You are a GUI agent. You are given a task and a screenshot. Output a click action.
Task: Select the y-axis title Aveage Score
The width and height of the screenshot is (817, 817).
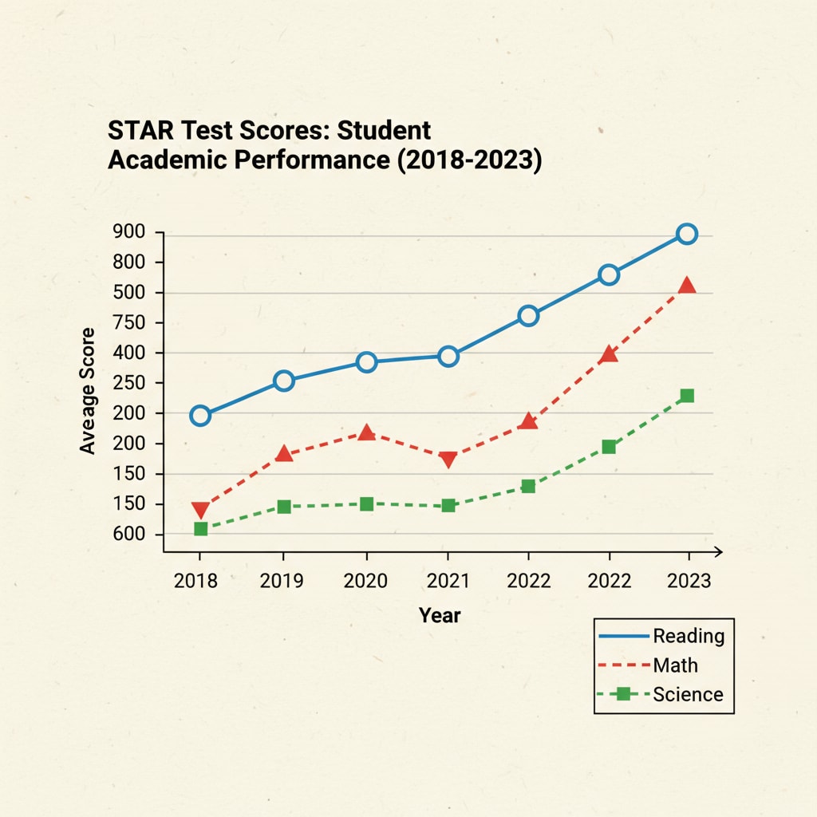click(88, 391)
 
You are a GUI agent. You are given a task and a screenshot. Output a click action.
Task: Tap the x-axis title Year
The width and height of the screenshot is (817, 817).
click(440, 615)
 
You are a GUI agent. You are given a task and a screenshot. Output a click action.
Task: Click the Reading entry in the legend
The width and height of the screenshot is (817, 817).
click(689, 636)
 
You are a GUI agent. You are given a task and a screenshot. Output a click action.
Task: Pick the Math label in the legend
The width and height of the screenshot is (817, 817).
click(675, 665)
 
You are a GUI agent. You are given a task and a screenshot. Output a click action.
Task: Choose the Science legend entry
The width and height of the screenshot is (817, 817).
click(688, 694)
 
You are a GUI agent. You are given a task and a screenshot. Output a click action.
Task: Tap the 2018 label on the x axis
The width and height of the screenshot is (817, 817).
click(195, 580)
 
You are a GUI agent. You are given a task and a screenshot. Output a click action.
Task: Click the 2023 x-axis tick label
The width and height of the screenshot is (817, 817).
click(689, 580)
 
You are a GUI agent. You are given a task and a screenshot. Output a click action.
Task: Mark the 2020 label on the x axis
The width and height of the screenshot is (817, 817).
click(365, 580)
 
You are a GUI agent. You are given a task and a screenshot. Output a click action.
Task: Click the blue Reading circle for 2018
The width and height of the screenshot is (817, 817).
click(200, 416)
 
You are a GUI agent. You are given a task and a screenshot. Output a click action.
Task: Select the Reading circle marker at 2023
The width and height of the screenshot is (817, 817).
click(687, 234)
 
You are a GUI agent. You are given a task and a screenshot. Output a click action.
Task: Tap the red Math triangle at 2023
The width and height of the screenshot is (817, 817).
click(687, 286)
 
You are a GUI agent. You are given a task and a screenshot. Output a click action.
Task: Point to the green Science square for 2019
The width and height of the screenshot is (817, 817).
click(283, 507)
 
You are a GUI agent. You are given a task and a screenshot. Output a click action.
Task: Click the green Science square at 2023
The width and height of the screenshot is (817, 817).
click(687, 396)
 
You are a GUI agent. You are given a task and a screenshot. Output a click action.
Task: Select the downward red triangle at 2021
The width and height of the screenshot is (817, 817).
click(448, 459)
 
